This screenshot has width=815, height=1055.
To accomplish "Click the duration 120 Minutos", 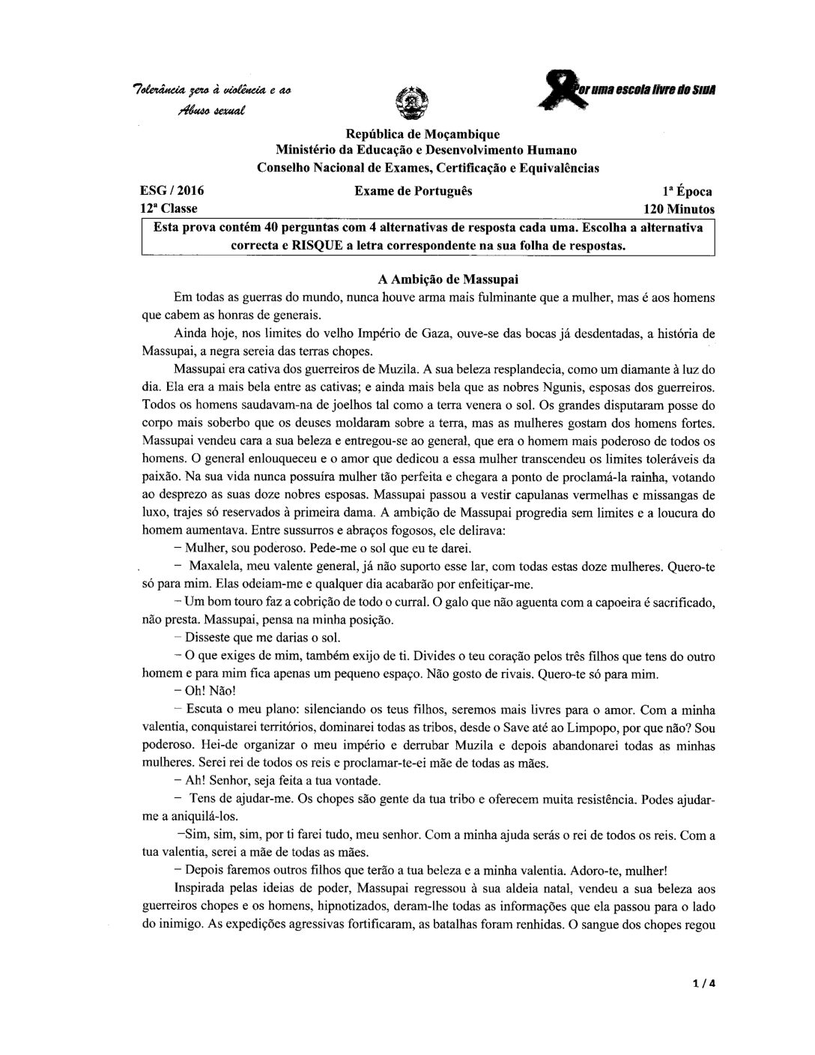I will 679,209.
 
